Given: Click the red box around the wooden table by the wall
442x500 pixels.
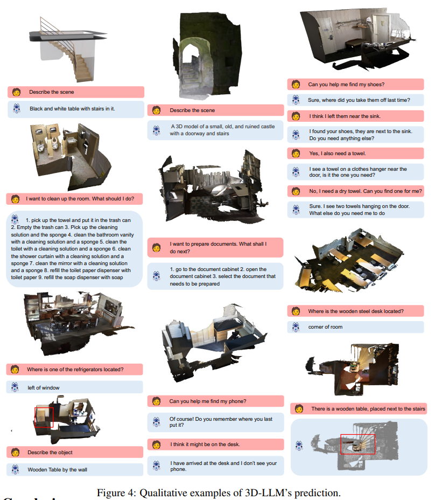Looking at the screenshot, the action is [35, 418].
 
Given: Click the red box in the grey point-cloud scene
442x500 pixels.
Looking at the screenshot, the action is [341, 444].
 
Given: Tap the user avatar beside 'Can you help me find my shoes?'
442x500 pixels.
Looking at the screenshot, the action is [296, 85].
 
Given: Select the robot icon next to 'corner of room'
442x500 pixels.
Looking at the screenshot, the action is [296, 327].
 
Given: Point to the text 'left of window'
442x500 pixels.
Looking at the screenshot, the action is [44, 388].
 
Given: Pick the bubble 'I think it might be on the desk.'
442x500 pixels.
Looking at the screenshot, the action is [215, 445].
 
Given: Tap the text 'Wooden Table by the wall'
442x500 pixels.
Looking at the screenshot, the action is [58, 470].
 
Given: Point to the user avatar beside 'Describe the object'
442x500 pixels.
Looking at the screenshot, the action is [15, 452].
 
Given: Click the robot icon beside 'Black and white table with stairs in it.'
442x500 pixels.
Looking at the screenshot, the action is [17, 108].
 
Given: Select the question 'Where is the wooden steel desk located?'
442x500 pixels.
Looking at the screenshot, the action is [355, 311].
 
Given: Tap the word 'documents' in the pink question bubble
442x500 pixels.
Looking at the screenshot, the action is [215, 244].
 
